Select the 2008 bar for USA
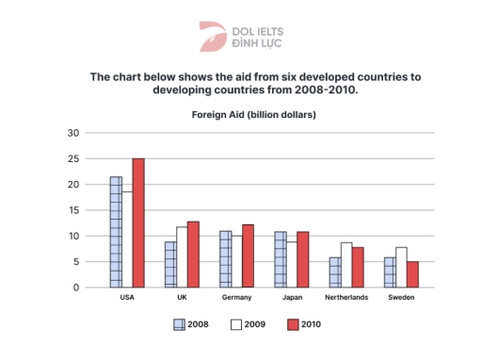coord(116,232)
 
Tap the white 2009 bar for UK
coord(182,256)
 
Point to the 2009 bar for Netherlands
coord(345,265)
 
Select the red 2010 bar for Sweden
coord(411,274)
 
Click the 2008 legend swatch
coord(179,324)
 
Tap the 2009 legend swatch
coord(235,324)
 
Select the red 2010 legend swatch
coord(292,324)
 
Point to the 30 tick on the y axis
coord(73,133)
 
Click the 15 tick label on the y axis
coord(73,210)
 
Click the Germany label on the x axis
coord(236,298)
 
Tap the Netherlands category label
coord(345,298)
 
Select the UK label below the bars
coord(182,298)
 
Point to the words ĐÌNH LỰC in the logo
coord(255,43)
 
